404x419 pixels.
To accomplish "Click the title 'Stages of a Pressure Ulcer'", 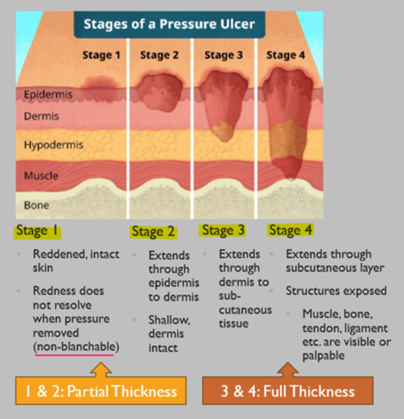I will pyautogui.click(x=169, y=24).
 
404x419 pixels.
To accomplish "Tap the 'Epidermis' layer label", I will pyautogui.click(x=48, y=94).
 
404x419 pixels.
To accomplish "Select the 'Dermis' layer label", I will pyautogui.click(x=41, y=116).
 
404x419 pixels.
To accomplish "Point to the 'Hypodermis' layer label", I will pyautogui.click(x=53, y=145).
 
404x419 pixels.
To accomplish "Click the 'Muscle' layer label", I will pyautogui.click(x=41, y=175).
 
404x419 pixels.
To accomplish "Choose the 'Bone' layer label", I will pyautogui.click(x=36, y=205).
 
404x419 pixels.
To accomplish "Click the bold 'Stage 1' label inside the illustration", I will pyautogui.click(x=101, y=55).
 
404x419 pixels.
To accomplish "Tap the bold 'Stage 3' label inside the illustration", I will pyautogui.click(x=223, y=55).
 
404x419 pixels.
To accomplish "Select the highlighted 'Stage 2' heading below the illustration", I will pyautogui.click(x=153, y=232).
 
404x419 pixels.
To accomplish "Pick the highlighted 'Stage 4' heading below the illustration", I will pyautogui.click(x=290, y=230).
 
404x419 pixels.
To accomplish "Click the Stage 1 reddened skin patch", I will pyautogui.click(x=100, y=87).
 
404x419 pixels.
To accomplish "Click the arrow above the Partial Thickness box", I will pyautogui.click(x=101, y=369).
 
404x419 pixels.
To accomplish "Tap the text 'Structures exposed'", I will pyautogui.click(x=336, y=291).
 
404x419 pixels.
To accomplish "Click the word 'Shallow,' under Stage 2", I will pyautogui.click(x=169, y=320).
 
